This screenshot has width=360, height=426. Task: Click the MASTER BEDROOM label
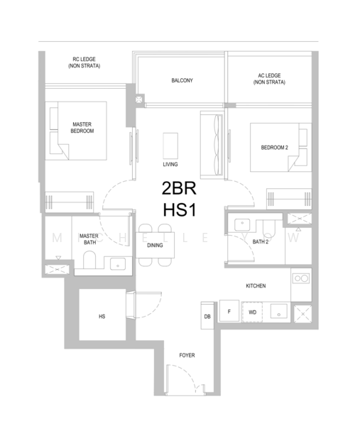click(82, 128)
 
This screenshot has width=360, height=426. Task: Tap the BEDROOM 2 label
click(274, 148)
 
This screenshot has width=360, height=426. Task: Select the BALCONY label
click(182, 80)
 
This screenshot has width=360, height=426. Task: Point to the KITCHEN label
click(256, 286)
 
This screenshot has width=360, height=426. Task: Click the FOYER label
click(187, 356)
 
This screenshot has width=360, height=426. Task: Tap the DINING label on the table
click(155, 246)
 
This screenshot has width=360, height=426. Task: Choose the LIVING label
click(170, 165)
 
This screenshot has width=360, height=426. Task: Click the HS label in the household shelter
click(102, 317)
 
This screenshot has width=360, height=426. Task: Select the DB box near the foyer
click(207, 316)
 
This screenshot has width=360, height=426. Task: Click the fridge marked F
click(229, 311)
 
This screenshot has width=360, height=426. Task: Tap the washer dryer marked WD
click(252, 312)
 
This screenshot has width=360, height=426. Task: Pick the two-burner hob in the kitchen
click(301, 278)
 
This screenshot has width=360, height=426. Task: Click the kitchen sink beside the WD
click(279, 312)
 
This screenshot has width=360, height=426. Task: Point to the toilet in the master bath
click(89, 260)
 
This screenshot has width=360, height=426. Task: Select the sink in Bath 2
click(242, 224)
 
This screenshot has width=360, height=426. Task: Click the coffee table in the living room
click(170, 146)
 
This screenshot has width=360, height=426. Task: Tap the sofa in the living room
click(212, 145)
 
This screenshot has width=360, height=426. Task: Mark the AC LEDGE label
click(269, 79)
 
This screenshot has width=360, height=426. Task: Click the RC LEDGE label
click(84, 62)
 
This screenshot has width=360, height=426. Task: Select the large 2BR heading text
click(179, 188)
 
